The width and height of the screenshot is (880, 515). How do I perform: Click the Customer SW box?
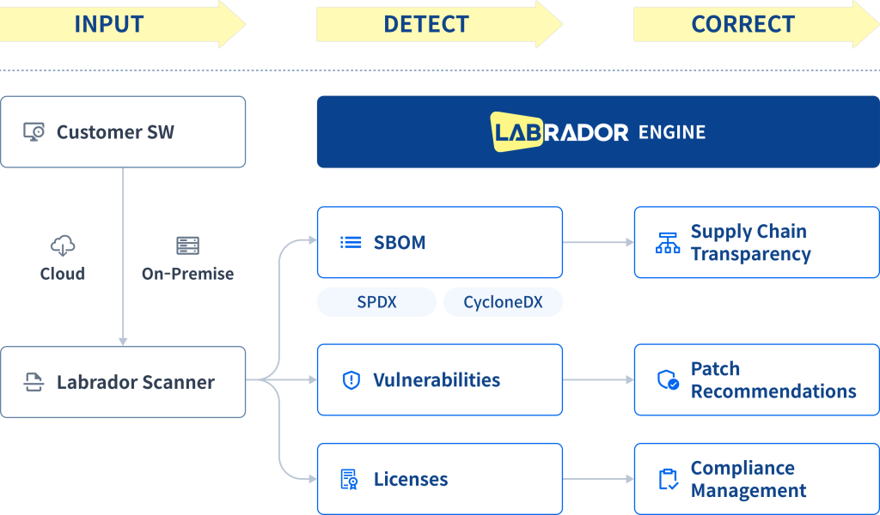123,131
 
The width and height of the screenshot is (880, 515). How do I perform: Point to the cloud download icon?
63,247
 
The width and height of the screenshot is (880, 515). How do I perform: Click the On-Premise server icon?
187,246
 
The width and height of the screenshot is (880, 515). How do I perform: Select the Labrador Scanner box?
123,382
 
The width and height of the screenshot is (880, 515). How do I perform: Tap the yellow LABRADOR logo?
559,131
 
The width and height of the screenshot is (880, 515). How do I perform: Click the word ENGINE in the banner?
671,132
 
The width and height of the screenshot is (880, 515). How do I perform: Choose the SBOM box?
439,242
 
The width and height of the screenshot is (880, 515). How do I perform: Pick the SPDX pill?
376,302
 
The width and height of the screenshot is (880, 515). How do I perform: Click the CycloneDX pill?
503,302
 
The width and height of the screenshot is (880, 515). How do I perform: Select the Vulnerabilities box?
439,379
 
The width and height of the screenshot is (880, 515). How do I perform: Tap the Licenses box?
439,479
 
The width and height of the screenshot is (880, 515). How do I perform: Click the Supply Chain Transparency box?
756,242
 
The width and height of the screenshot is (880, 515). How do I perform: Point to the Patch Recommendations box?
756,379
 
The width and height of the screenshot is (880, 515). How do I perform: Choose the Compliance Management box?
756,479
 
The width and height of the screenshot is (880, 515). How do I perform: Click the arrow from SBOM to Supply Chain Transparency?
598,243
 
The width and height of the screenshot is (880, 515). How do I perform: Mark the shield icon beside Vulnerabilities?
351,380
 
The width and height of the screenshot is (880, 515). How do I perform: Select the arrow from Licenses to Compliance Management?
598,479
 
